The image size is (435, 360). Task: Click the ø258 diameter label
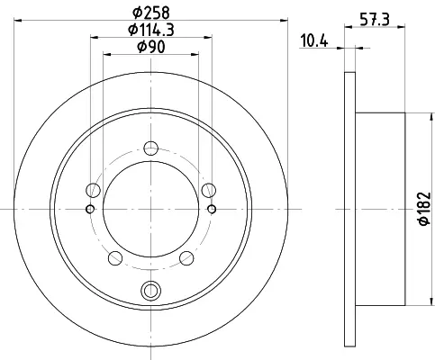tap(151, 13)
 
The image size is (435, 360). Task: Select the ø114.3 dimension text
tap(151, 30)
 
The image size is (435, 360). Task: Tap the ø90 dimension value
tap(151, 47)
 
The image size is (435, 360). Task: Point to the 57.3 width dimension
tap(375, 20)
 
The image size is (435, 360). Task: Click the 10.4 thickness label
tap(314, 40)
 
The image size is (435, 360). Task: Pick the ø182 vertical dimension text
tap(424, 209)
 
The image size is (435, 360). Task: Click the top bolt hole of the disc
tap(150, 148)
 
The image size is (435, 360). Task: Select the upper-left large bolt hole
tap(93, 190)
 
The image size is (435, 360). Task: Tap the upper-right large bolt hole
tap(209, 190)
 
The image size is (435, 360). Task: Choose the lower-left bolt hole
tap(115, 258)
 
